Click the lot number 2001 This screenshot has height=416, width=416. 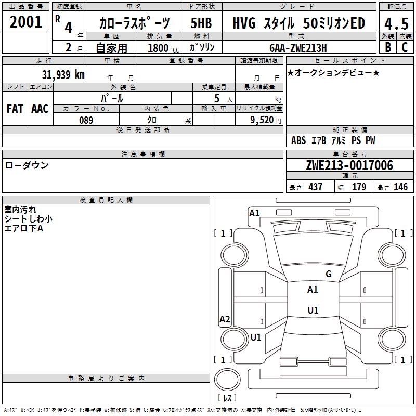point(25,22)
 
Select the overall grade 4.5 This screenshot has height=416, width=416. point(396,23)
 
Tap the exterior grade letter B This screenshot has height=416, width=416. point(388,47)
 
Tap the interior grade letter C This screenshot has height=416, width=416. point(405,47)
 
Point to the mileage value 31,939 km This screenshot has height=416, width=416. point(63,74)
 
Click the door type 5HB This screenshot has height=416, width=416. point(201,23)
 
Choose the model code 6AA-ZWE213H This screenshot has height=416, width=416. point(298,48)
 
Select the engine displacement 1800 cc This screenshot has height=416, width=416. point(163,48)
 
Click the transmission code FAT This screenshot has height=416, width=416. point(15,109)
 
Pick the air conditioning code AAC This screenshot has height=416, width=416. point(40,109)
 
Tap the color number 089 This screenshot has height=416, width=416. point(86,120)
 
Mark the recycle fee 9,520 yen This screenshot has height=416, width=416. point(266,120)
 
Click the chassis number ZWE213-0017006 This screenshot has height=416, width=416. point(349,165)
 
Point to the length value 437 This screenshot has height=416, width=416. point(316,187)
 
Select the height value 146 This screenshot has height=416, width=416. point(400,187)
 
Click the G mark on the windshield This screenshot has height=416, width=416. point(329,274)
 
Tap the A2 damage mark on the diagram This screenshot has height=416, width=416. point(225,319)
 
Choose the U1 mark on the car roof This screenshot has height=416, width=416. point(313,310)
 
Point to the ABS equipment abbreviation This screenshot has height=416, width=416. point(298,140)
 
